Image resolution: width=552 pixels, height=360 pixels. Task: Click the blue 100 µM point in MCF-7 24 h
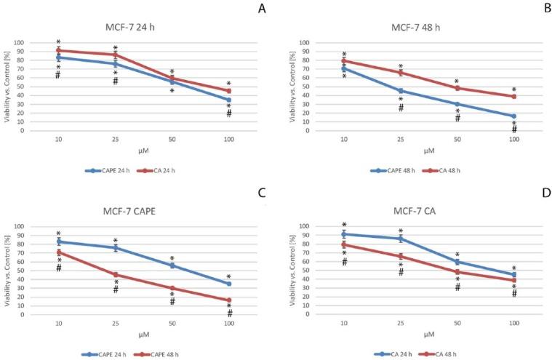tap(228, 100)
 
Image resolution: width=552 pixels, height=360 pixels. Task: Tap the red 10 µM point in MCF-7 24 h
tap(58, 50)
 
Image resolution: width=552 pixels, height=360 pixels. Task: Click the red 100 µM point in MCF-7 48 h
tap(514, 96)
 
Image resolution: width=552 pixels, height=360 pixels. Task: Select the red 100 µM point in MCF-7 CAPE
tap(228, 300)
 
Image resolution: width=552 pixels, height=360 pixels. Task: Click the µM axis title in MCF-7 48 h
tap(430, 151)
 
